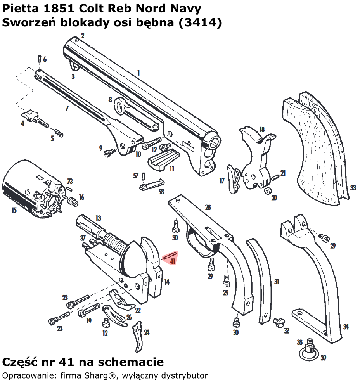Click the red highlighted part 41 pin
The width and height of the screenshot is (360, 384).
pyautogui.click(x=171, y=255)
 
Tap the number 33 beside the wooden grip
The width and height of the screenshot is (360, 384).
pyautogui.click(x=353, y=188)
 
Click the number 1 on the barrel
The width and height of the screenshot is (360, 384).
pyautogui.click(x=138, y=73)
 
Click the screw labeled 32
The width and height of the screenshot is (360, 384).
pyautogui.click(x=278, y=322)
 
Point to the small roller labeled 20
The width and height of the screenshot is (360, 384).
pyautogui.click(x=267, y=190)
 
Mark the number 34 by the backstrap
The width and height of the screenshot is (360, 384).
pyautogui.click(x=346, y=327)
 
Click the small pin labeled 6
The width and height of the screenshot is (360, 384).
pyautogui.click(x=39, y=59)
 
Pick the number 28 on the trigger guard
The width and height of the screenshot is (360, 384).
pyautogui.click(x=208, y=208)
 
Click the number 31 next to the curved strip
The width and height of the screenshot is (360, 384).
pyautogui.click(x=277, y=282)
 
